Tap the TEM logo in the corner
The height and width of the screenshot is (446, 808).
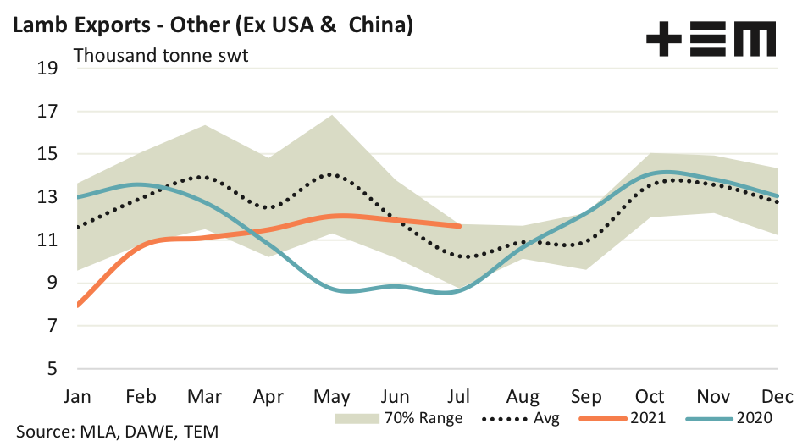(711, 40)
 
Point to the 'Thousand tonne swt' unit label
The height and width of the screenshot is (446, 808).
(161, 57)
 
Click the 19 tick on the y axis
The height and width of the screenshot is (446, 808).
(47, 69)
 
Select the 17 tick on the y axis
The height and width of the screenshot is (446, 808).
(47, 112)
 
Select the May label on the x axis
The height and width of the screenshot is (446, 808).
(331, 396)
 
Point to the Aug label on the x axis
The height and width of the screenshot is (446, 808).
(523, 396)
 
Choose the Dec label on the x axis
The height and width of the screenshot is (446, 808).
(778, 396)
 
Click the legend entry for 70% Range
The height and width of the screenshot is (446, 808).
(398, 418)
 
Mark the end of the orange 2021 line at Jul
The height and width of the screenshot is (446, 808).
(459, 226)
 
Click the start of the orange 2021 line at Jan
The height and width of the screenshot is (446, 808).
(77, 305)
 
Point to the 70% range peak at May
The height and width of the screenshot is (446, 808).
(331, 115)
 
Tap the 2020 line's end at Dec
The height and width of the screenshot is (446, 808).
(778, 195)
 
